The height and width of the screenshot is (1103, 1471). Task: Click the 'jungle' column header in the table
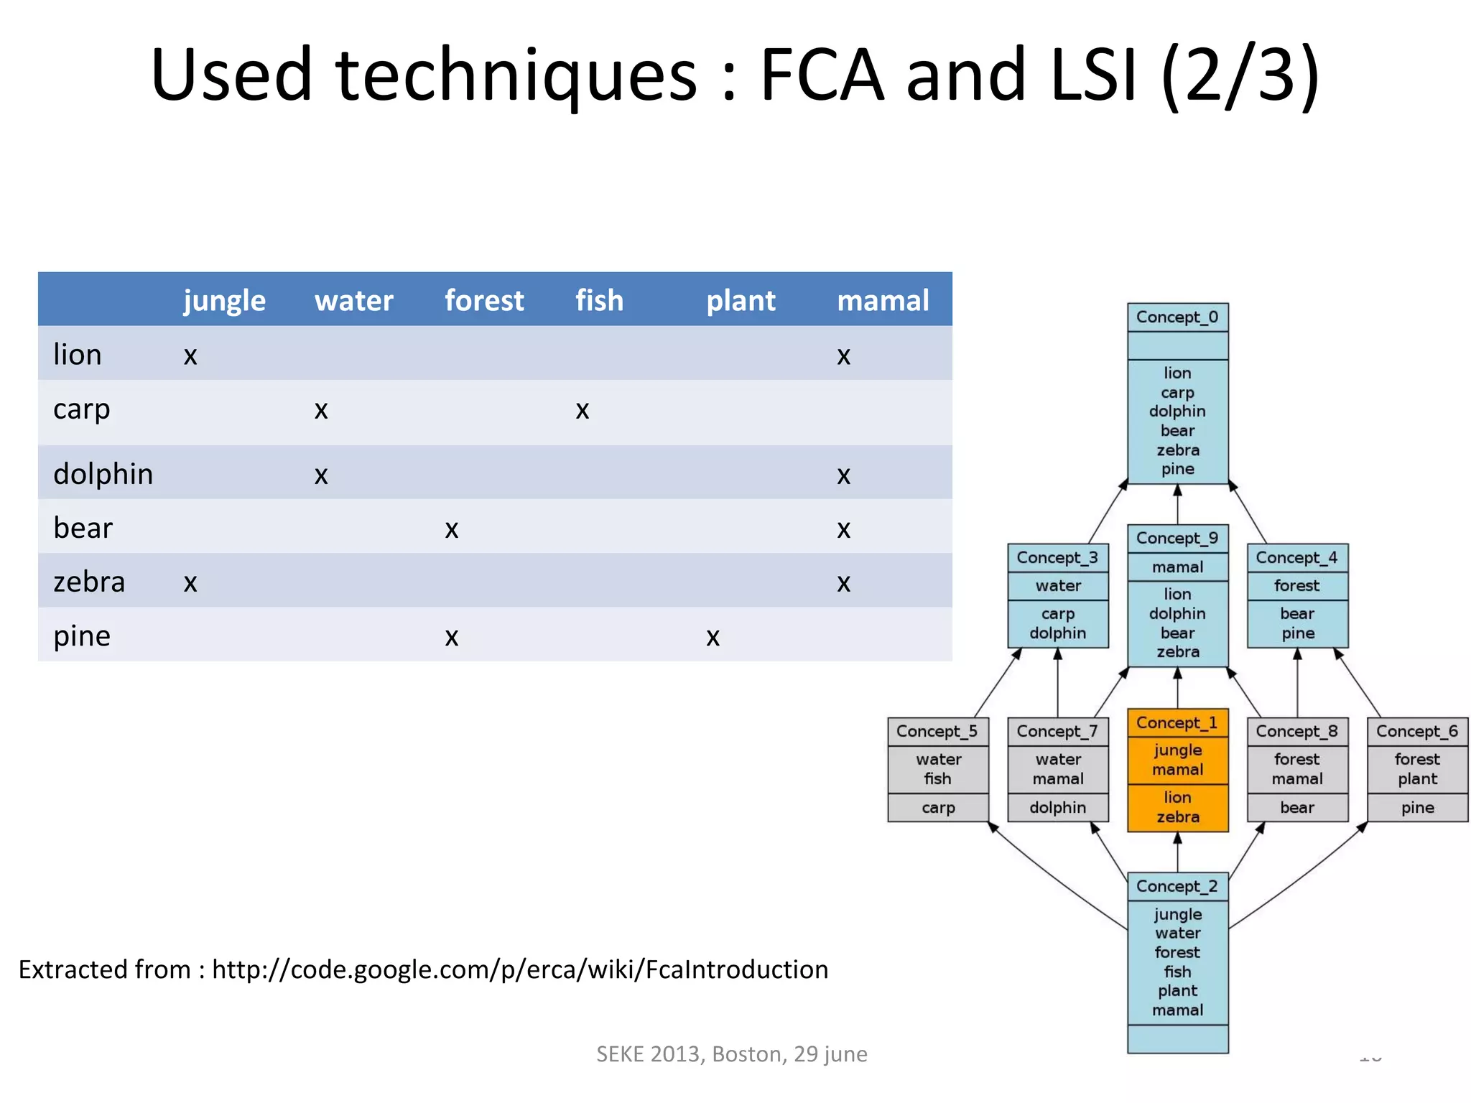[224, 301]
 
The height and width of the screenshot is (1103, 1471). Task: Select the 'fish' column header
[599, 301]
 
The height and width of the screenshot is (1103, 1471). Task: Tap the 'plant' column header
[741, 301]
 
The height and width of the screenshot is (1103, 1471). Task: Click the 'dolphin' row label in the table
[103, 474]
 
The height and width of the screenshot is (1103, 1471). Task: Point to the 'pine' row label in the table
[82, 636]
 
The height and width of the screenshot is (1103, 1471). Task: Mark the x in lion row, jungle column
[190, 356]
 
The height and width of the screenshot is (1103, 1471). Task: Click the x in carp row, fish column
[582, 411]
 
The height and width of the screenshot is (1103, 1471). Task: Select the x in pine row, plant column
[713, 638]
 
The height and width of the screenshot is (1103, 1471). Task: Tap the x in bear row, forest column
[451, 530]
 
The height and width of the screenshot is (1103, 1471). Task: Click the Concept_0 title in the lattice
[1177, 317]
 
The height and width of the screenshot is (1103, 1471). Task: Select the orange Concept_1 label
[1177, 723]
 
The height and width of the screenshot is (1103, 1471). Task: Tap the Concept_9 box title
[1177, 539]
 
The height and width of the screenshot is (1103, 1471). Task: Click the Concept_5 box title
[937, 732]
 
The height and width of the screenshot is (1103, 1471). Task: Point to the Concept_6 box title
[1417, 732]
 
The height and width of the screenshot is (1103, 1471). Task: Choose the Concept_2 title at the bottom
[1177, 887]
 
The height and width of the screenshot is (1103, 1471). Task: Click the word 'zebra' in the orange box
[1178, 817]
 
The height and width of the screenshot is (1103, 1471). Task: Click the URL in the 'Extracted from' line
[520, 970]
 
